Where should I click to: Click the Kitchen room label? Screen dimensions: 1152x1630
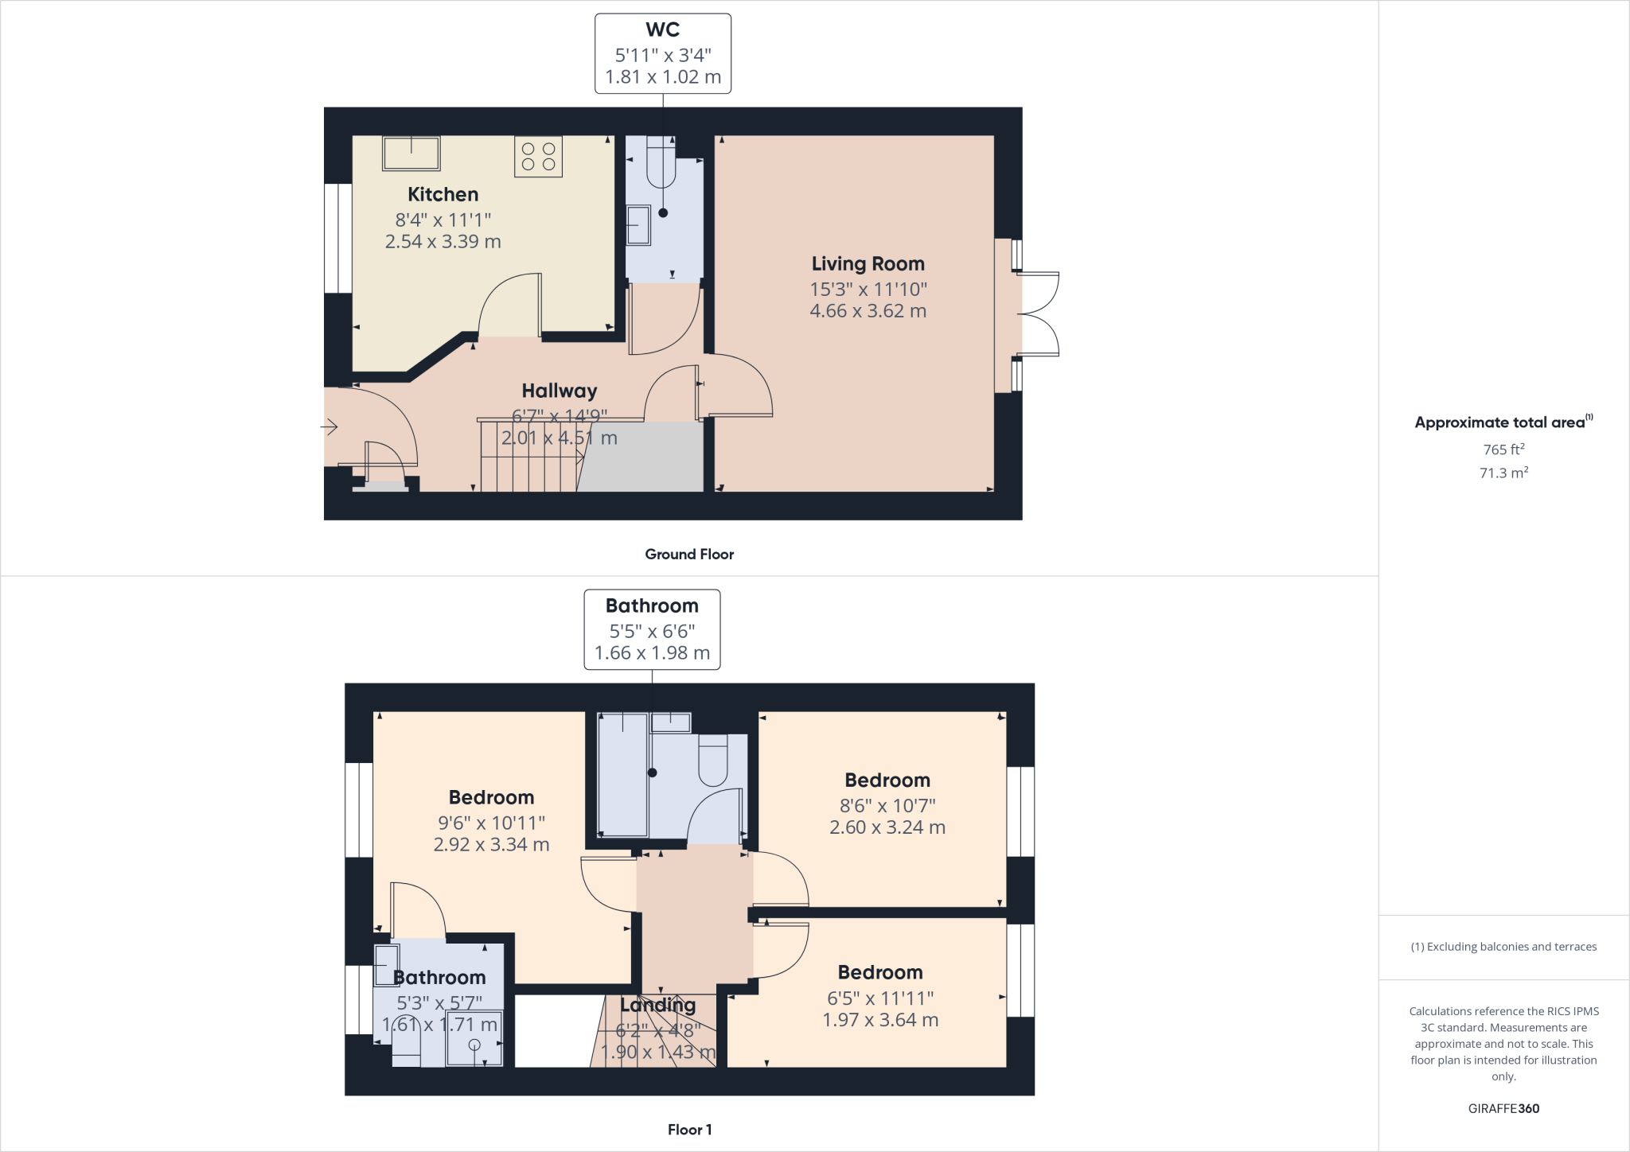tap(443, 194)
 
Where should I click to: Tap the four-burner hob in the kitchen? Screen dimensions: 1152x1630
tap(538, 157)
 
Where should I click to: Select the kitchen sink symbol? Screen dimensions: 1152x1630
tap(411, 154)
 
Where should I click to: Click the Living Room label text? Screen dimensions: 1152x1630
tap(868, 263)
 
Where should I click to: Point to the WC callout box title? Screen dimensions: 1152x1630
tap(662, 30)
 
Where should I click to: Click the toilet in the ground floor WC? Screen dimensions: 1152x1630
tap(661, 163)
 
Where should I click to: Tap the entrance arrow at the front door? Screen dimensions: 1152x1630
tap(329, 427)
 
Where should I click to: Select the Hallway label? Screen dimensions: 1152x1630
tap(559, 391)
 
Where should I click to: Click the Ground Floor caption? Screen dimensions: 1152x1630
tap(689, 555)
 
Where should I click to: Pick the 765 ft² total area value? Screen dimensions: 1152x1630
tap(1502, 450)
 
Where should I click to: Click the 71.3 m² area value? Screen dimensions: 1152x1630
tap(1503, 473)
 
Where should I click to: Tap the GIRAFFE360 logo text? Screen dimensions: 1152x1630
tap(1503, 1108)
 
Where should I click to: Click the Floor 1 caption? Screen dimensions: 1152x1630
tap(689, 1130)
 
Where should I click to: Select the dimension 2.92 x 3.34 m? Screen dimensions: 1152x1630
tap(491, 845)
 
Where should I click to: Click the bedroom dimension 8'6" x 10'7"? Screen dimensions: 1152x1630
tap(887, 805)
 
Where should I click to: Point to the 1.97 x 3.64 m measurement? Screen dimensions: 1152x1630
tap(880, 1020)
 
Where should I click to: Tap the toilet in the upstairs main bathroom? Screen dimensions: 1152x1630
tap(712, 759)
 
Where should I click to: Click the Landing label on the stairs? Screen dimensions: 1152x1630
tap(657, 1005)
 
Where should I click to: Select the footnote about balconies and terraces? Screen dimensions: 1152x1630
tap(1503, 947)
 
